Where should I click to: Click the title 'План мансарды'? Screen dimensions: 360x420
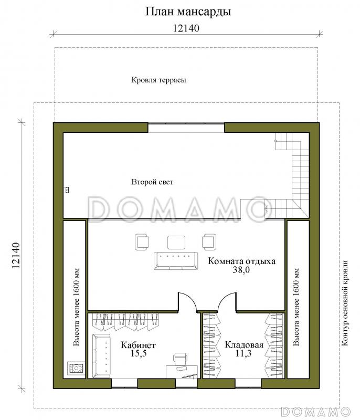[x=188, y=12]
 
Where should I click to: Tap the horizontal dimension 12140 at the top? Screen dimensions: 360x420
[x=186, y=28]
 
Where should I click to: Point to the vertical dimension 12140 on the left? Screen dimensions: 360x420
[x=16, y=255]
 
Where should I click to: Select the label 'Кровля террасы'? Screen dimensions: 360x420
[x=158, y=80]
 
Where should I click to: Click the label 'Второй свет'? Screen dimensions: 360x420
[x=152, y=182]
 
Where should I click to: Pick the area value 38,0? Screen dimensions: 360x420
[x=241, y=269]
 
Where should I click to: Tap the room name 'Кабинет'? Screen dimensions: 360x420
[x=138, y=345]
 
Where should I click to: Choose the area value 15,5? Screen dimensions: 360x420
[x=139, y=353]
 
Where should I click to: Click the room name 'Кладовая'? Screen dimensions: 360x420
[x=244, y=345]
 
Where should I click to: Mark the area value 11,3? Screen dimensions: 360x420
[x=243, y=353]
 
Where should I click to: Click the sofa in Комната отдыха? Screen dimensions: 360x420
[x=176, y=260]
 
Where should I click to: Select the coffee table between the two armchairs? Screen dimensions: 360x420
[x=176, y=243]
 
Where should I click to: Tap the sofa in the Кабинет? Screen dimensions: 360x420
[x=101, y=355]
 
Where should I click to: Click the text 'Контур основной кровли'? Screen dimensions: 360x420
[x=345, y=303]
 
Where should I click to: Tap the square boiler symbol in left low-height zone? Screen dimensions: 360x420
[x=76, y=369]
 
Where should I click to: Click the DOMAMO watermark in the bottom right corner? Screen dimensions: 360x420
[x=316, y=412]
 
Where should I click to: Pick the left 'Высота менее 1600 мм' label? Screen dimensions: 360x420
[x=76, y=307]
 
